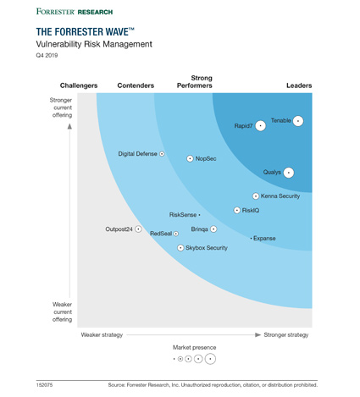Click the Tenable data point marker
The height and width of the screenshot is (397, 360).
[x=298, y=121]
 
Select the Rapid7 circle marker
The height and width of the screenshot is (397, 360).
[x=261, y=126]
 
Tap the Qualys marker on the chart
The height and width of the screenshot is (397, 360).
[x=289, y=173]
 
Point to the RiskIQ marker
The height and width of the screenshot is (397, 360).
[x=236, y=210]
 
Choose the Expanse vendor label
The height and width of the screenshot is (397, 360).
[x=265, y=239]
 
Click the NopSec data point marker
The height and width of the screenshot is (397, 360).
[x=190, y=158]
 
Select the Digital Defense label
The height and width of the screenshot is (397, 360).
[x=138, y=154]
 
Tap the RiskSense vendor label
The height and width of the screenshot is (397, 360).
[x=182, y=215]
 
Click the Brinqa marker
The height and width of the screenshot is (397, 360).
[x=213, y=229]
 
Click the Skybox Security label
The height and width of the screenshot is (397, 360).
[x=207, y=248]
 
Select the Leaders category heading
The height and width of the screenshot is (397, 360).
[x=298, y=85]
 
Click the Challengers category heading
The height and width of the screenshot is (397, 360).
[x=79, y=85]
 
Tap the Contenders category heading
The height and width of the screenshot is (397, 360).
[x=136, y=85]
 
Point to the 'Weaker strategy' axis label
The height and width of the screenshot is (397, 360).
[x=102, y=335]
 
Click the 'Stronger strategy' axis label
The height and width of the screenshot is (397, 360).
[x=286, y=335]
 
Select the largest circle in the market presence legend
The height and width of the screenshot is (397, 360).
[x=210, y=359]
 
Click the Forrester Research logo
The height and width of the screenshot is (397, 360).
[x=74, y=12]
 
